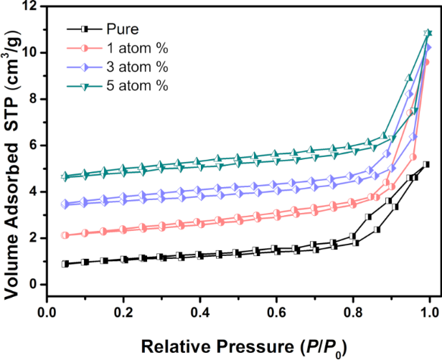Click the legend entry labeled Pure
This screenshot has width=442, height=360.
tap(122, 29)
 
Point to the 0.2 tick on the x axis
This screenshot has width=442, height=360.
tap(123, 313)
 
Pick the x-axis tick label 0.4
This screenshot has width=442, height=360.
tap(200, 313)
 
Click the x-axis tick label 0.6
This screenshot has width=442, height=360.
tap(277, 313)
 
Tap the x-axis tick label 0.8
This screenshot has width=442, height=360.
tap(353, 313)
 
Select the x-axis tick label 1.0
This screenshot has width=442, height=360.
tap(429, 313)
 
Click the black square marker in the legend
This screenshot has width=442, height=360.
tap(84, 29)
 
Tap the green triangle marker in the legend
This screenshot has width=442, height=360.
tap(84, 86)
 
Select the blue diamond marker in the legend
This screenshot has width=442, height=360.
tap(84, 67)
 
